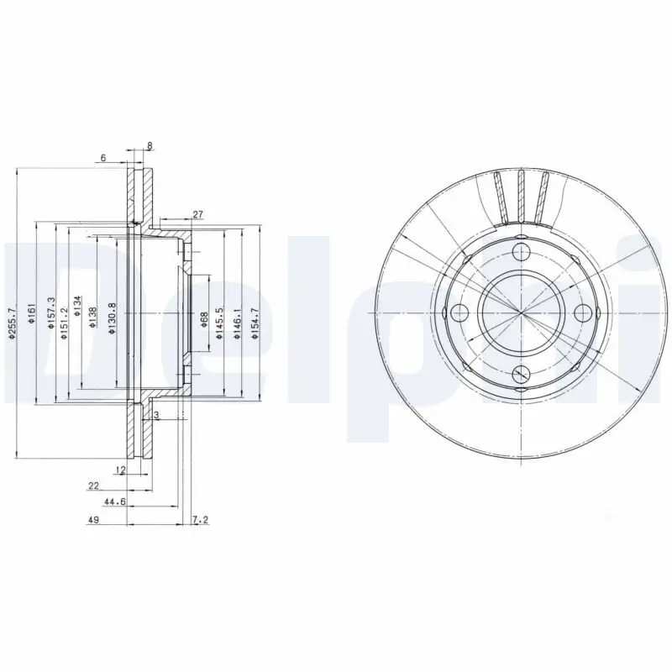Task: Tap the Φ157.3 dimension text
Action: [51, 311]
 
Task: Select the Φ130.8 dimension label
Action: [112, 318]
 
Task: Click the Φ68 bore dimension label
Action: [204, 319]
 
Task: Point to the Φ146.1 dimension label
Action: [238, 323]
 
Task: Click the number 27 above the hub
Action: [197, 215]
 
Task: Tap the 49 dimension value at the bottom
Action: [94, 521]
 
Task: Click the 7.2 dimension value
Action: [200, 521]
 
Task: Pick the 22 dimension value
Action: [93, 486]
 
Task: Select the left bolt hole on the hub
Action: [459, 313]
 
